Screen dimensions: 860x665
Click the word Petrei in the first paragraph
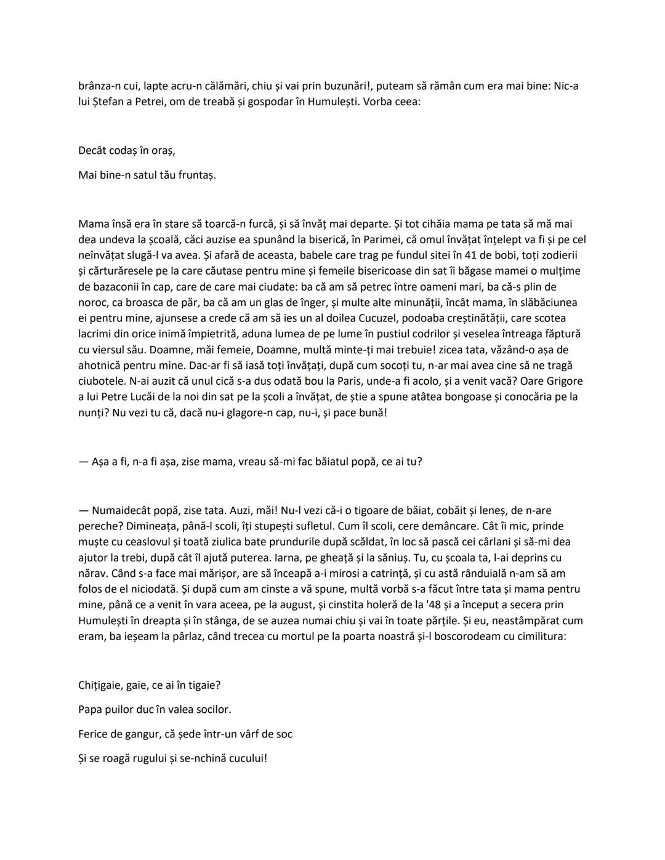tap(150, 101)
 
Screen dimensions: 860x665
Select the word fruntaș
tap(196, 175)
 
